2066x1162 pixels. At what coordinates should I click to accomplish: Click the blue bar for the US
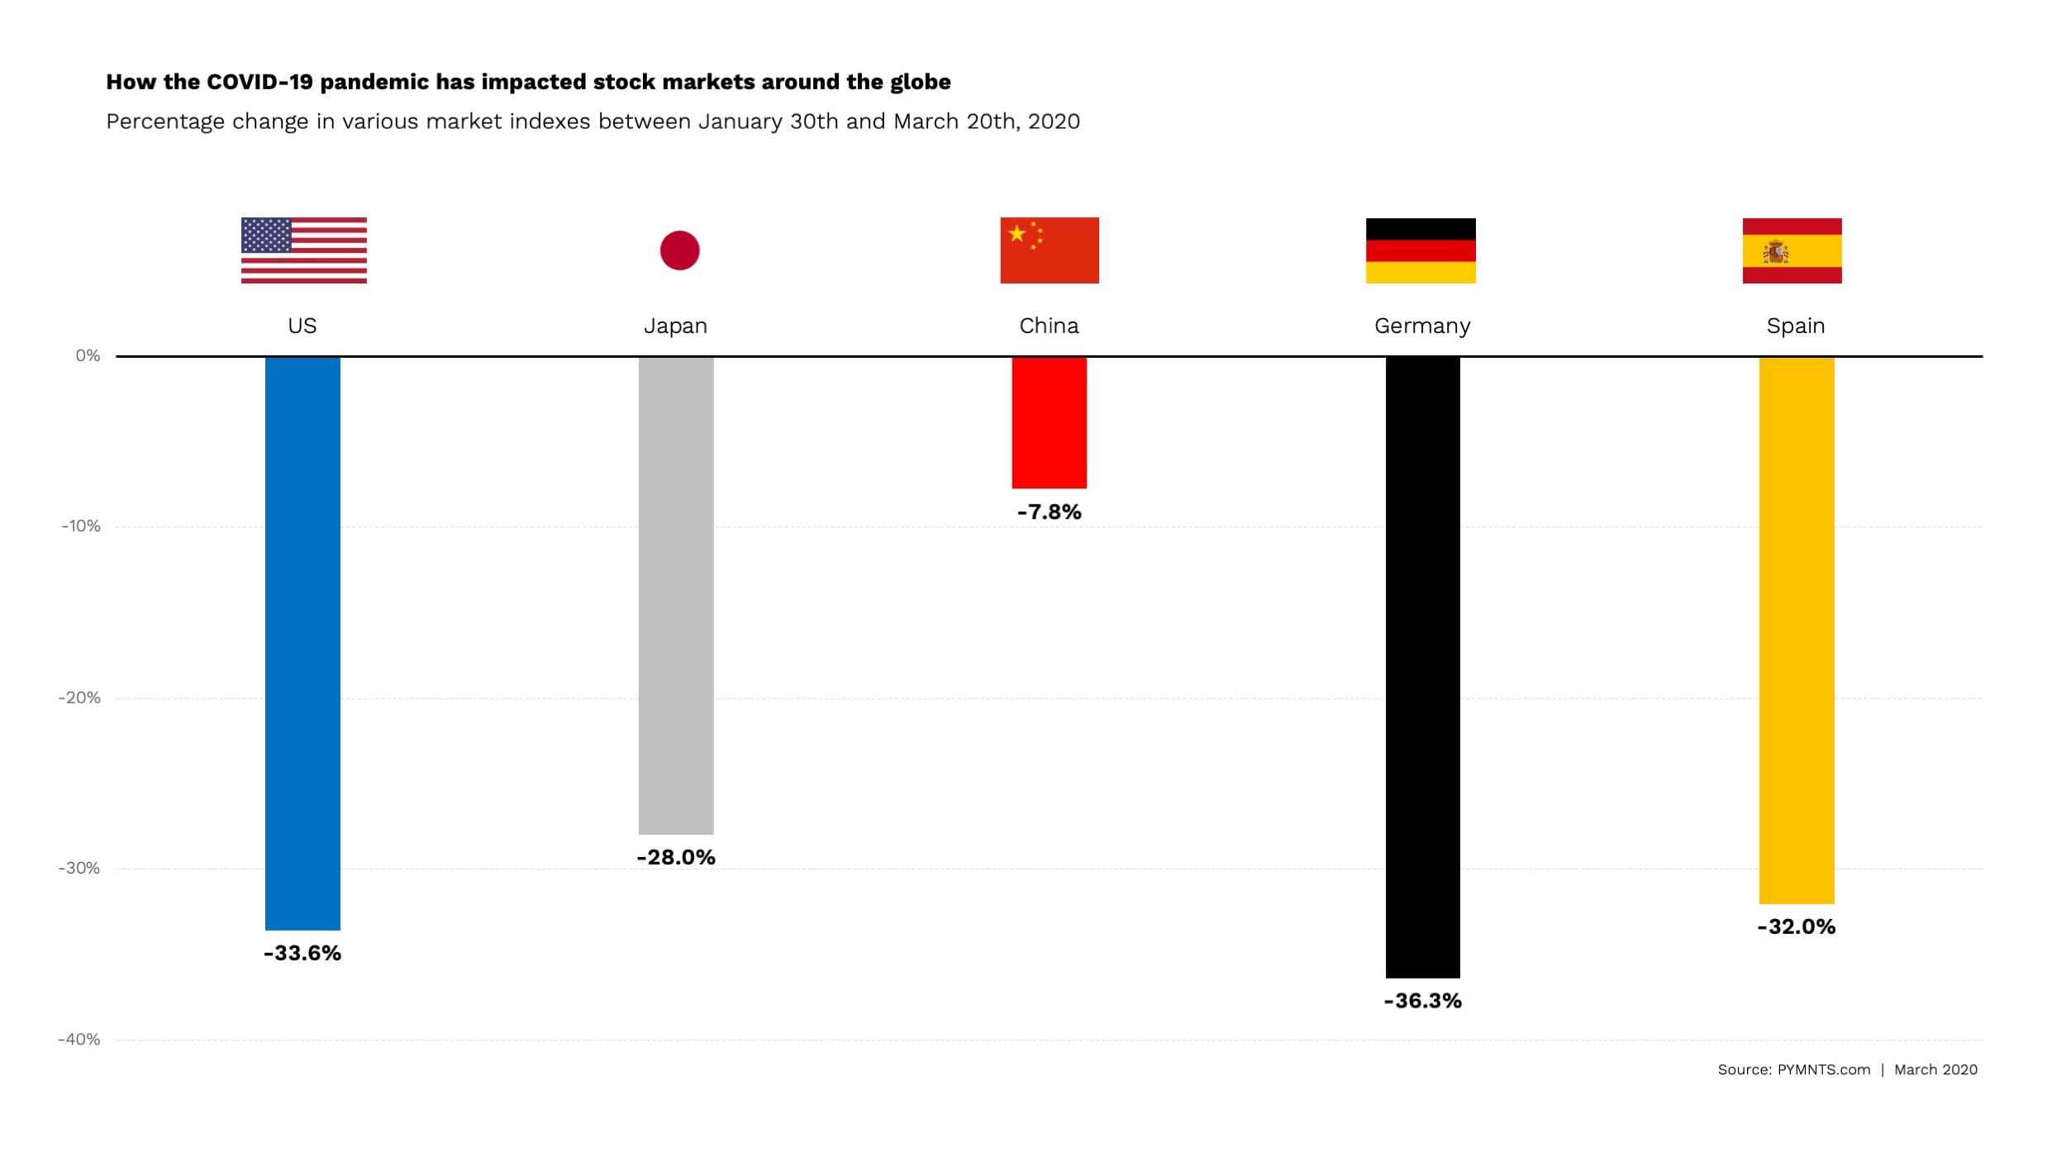(302, 643)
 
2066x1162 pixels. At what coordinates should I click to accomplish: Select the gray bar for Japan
(676, 595)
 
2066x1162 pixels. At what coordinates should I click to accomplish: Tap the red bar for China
(1049, 422)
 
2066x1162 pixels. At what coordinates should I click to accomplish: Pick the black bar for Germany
(1422, 666)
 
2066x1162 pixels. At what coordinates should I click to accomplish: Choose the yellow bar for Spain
(1796, 630)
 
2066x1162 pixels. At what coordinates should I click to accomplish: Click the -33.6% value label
(302, 953)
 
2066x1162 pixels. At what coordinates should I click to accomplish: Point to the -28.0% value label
(676, 857)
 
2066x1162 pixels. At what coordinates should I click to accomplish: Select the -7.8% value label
(1049, 512)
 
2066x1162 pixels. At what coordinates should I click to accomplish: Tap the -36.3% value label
(1422, 1001)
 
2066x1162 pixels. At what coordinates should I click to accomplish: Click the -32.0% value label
(1796, 926)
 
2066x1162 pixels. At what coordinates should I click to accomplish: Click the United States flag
(303, 250)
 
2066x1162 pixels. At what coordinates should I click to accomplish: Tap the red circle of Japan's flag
(679, 250)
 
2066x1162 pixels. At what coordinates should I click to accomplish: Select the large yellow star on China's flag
(1017, 234)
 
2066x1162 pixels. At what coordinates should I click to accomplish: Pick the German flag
(1421, 250)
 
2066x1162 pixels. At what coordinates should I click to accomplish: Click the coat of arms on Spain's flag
(1775, 252)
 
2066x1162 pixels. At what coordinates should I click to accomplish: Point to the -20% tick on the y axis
(80, 698)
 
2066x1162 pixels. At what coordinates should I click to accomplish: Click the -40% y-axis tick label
(79, 1039)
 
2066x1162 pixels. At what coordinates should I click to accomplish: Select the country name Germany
(1422, 326)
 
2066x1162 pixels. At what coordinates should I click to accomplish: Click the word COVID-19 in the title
(259, 82)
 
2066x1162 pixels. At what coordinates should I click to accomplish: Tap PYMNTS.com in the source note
(1823, 1069)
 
